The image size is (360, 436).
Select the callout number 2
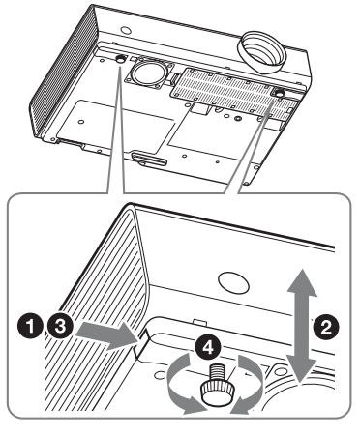pyautogui.click(x=327, y=328)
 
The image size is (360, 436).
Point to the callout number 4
pyautogui.click(x=208, y=347)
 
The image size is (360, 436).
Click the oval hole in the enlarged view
pyautogui.click(x=233, y=281)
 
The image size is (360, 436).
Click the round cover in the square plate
pyautogui.click(x=149, y=73)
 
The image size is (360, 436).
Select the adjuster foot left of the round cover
pyautogui.click(x=121, y=59)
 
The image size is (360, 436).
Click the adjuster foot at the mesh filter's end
pyautogui.click(x=278, y=93)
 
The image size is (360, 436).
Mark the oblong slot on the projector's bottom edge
pyautogui.click(x=149, y=160)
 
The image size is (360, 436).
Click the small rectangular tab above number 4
pyautogui.click(x=200, y=322)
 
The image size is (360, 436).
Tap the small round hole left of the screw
pyautogui.click(x=159, y=375)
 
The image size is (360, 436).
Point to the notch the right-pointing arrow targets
pyautogui.click(x=142, y=344)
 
